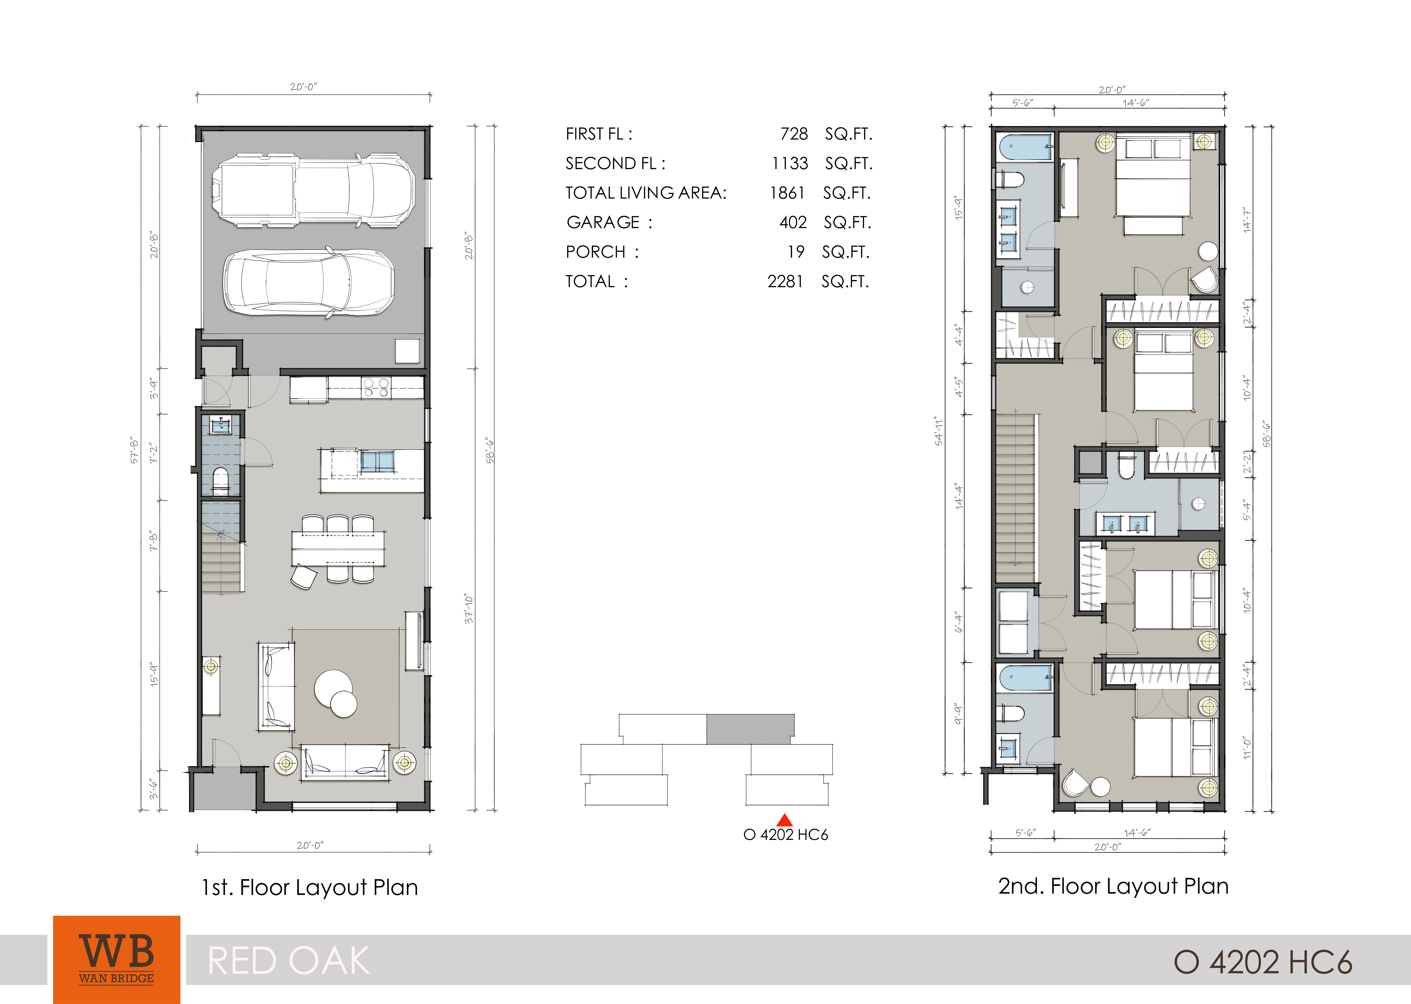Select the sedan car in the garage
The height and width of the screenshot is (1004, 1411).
[309, 283]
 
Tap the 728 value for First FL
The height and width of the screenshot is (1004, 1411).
[794, 134]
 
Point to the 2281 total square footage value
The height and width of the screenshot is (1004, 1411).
[785, 282]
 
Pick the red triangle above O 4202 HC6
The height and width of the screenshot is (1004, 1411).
[785, 820]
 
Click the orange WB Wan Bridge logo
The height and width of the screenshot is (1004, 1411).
[117, 959]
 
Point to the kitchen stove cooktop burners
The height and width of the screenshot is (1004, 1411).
[376, 388]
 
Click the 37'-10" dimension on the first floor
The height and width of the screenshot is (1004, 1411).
[469, 609]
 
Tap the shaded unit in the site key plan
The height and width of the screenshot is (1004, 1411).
[750, 729]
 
